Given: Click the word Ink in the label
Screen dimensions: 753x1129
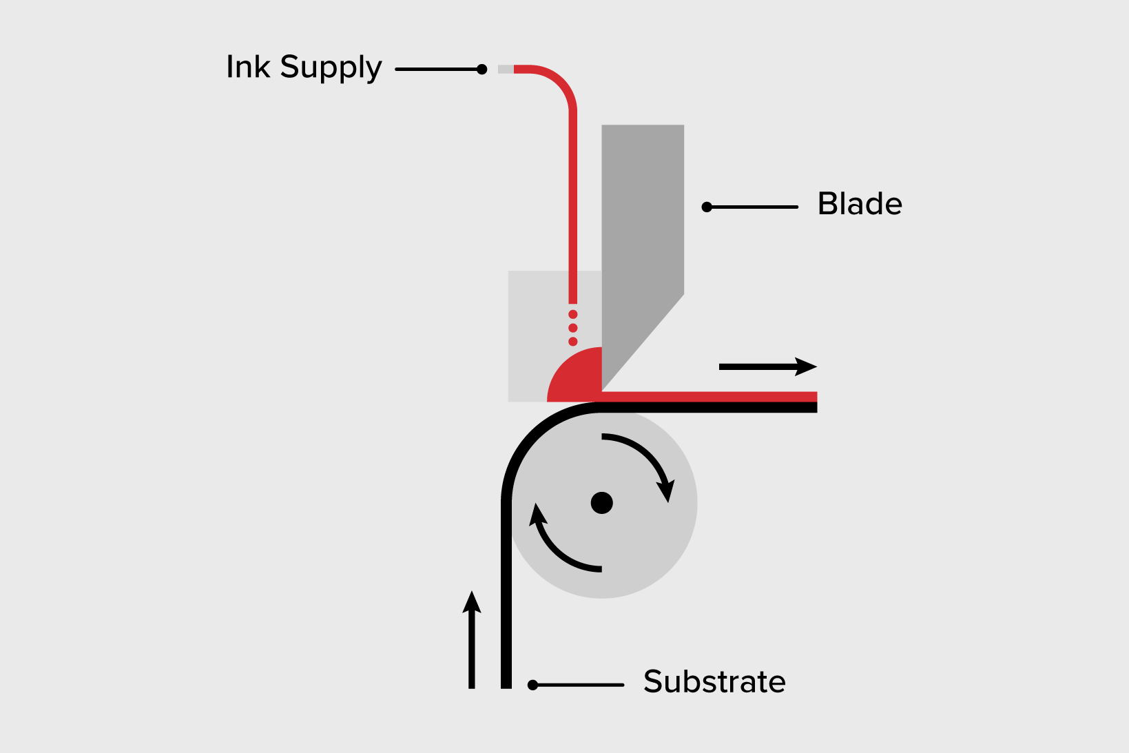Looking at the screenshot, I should tap(248, 67).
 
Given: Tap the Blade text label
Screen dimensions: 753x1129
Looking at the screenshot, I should tap(860, 204).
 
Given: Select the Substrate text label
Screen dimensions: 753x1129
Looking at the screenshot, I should tap(714, 681).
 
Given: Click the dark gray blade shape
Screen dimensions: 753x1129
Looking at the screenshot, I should tap(641, 227).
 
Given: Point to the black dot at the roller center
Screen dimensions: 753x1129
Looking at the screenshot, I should tap(602, 503).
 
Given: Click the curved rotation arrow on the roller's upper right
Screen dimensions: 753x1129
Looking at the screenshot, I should tap(644, 458).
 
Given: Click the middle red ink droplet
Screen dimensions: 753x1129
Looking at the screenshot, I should tap(573, 328).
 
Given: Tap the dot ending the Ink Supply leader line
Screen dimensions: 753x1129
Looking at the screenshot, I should tap(482, 69).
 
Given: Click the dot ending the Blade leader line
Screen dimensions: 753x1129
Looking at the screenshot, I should tap(707, 207).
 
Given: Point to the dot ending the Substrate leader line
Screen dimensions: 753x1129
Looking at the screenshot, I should tap(532, 685).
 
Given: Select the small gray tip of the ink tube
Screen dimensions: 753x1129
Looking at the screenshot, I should tap(506, 69).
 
